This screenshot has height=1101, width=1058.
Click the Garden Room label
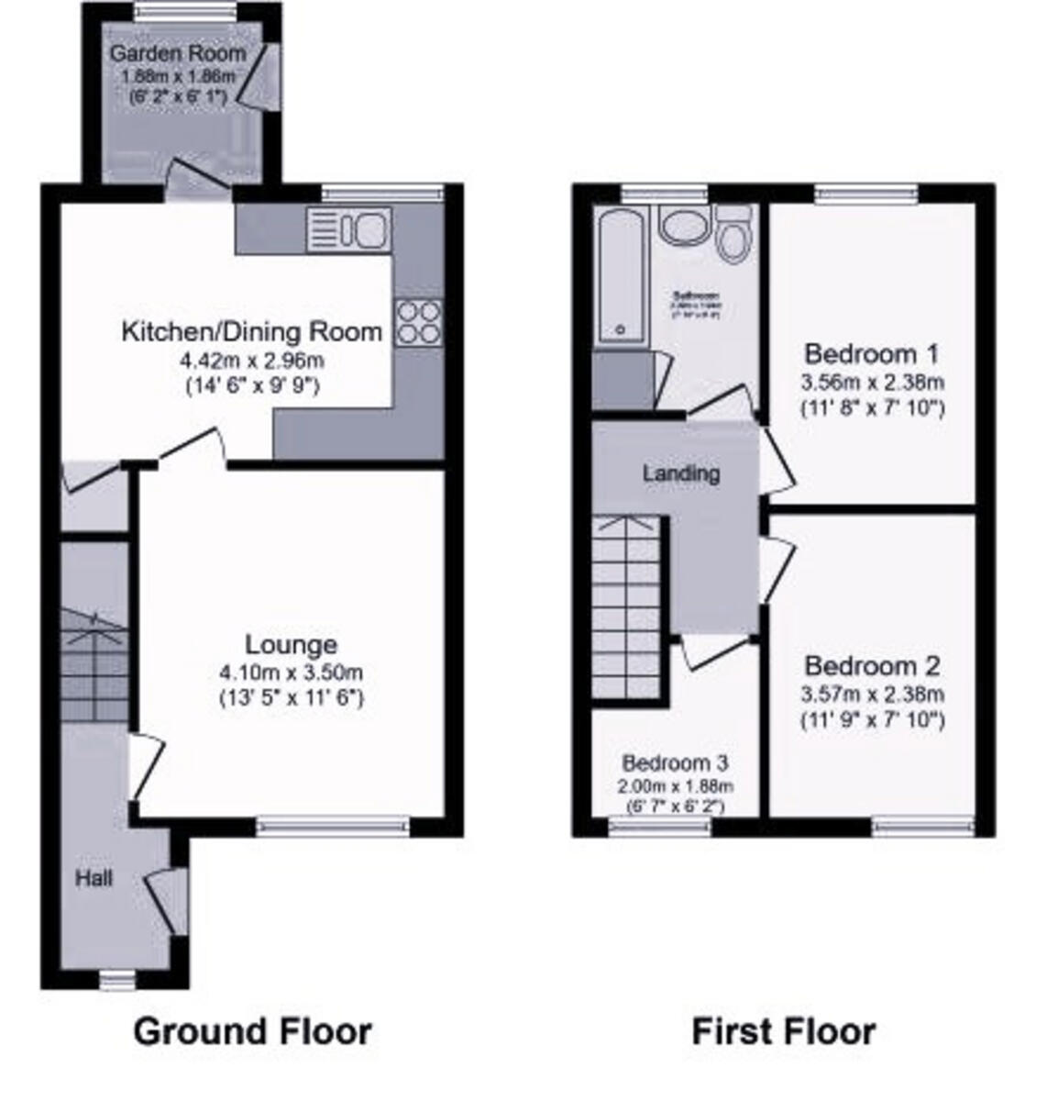coord(178,53)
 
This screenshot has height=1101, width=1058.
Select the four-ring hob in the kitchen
coord(417,322)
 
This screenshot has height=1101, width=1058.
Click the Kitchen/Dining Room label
coord(252,331)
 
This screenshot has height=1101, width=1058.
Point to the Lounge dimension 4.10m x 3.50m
coord(291,673)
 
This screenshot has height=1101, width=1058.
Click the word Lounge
coord(291,645)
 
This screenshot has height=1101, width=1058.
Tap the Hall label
coord(94,878)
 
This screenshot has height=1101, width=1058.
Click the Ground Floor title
coord(252,1031)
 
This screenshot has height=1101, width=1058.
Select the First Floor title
coord(783,1031)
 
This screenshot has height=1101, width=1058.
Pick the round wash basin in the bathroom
coord(681,226)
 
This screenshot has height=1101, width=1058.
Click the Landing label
coord(680,473)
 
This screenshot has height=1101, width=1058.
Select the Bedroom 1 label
coord(872,353)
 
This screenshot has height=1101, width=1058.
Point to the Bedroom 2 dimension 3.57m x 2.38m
coord(872,695)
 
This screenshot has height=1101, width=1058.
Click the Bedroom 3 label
coord(675,762)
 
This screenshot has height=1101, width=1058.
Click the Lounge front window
coord(333,827)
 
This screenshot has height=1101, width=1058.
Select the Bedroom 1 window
coord(866,192)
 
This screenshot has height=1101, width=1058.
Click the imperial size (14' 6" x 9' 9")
coord(252,385)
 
